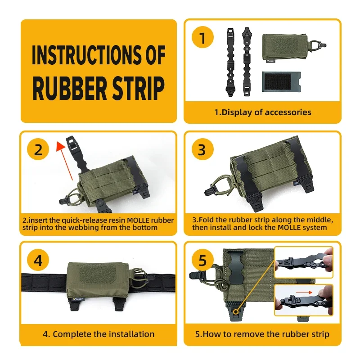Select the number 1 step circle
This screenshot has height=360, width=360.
click(x=202, y=37)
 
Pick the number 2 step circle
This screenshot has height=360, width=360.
click(x=38, y=149)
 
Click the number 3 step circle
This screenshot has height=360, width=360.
click(x=202, y=149)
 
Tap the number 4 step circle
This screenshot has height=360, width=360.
click(x=38, y=260)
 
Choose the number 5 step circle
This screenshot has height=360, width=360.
click(x=202, y=260)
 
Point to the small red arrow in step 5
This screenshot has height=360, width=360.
click(x=304, y=292)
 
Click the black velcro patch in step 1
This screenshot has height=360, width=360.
click(x=281, y=81)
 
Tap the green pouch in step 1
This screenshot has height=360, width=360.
click(x=286, y=48)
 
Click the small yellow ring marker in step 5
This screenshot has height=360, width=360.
click(x=236, y=311)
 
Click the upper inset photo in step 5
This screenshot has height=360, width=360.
click(x=303, y=262)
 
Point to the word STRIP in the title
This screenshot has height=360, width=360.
click(x=139, y=88)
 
